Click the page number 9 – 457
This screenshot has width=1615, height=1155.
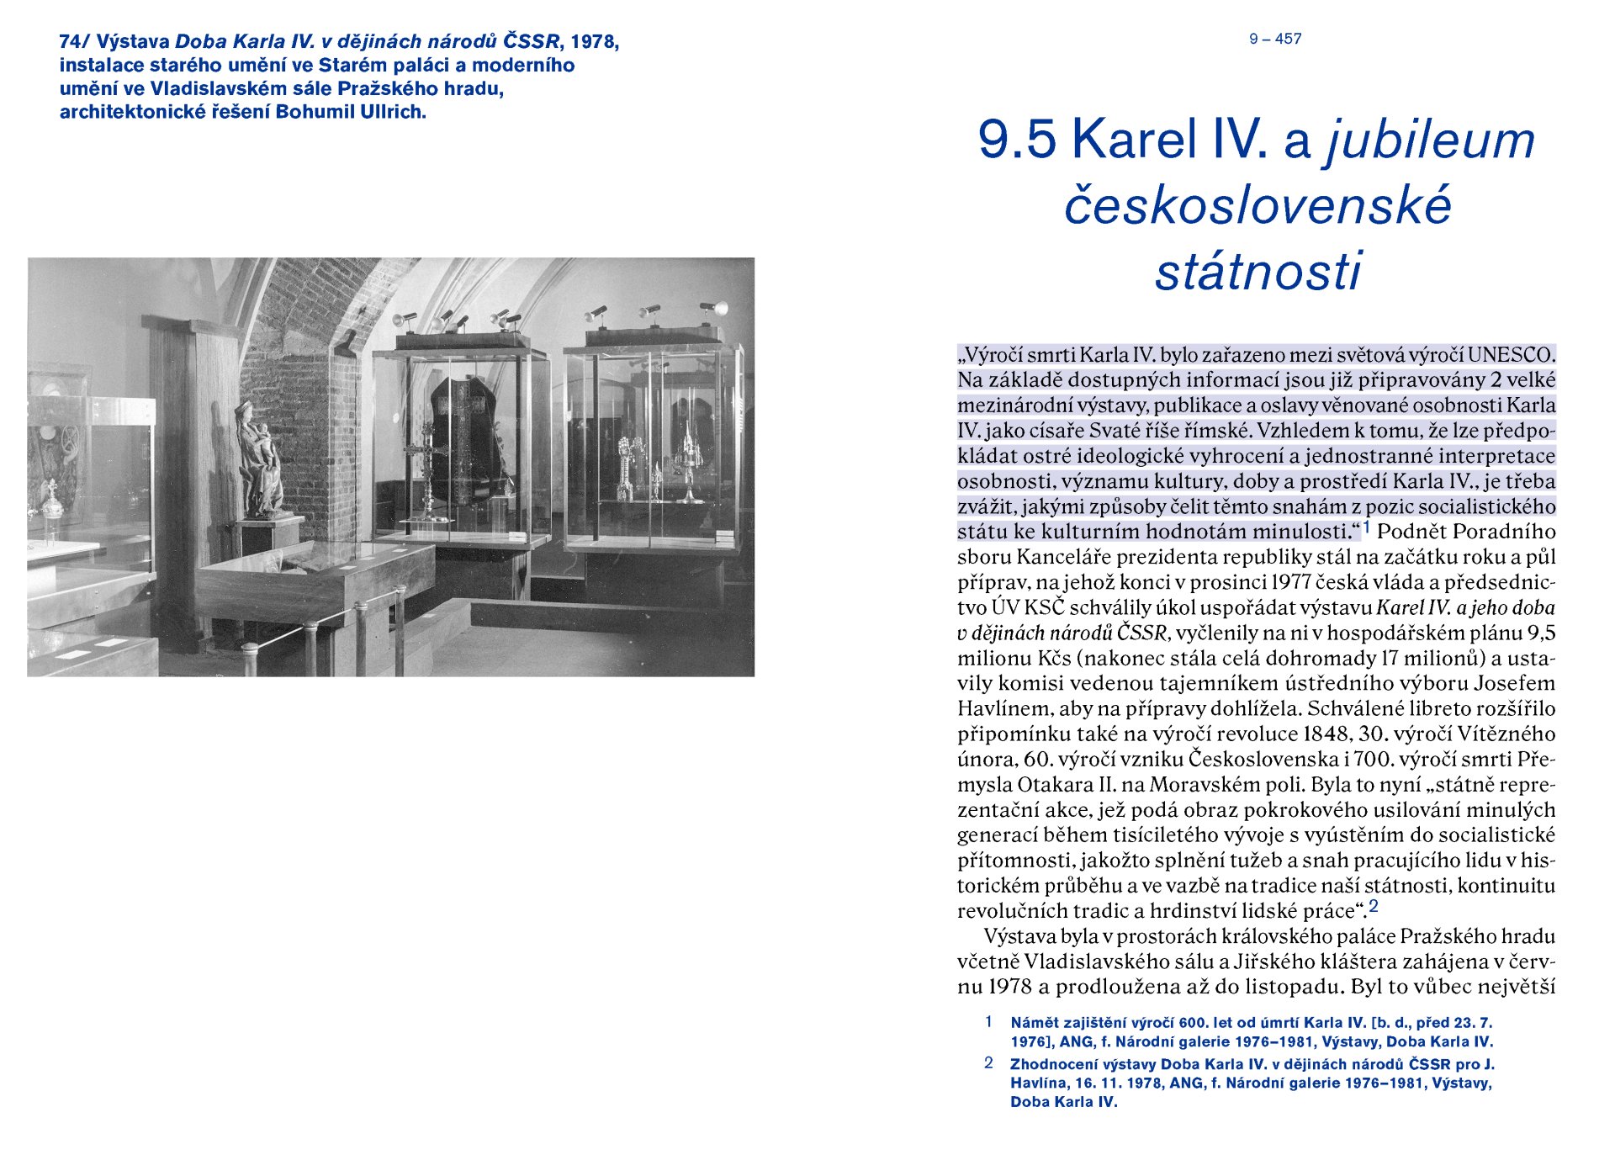coord(1275,39)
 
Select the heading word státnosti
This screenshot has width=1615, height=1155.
coord(1258,271)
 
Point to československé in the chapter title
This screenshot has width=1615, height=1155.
coord(1258,205)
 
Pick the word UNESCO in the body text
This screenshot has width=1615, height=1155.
coord(1512,355)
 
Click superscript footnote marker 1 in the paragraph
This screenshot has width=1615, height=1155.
coord(1367,527)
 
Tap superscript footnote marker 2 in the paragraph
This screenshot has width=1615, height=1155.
coord(1374,907)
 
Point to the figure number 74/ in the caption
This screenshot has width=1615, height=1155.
coord(74,41)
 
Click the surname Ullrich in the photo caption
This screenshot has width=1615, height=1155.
coord(394,112)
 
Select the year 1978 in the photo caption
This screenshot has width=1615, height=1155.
coord(594,41)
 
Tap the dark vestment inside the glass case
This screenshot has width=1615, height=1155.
coord(465,437)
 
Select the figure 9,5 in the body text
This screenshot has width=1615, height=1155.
coord(1539,633)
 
